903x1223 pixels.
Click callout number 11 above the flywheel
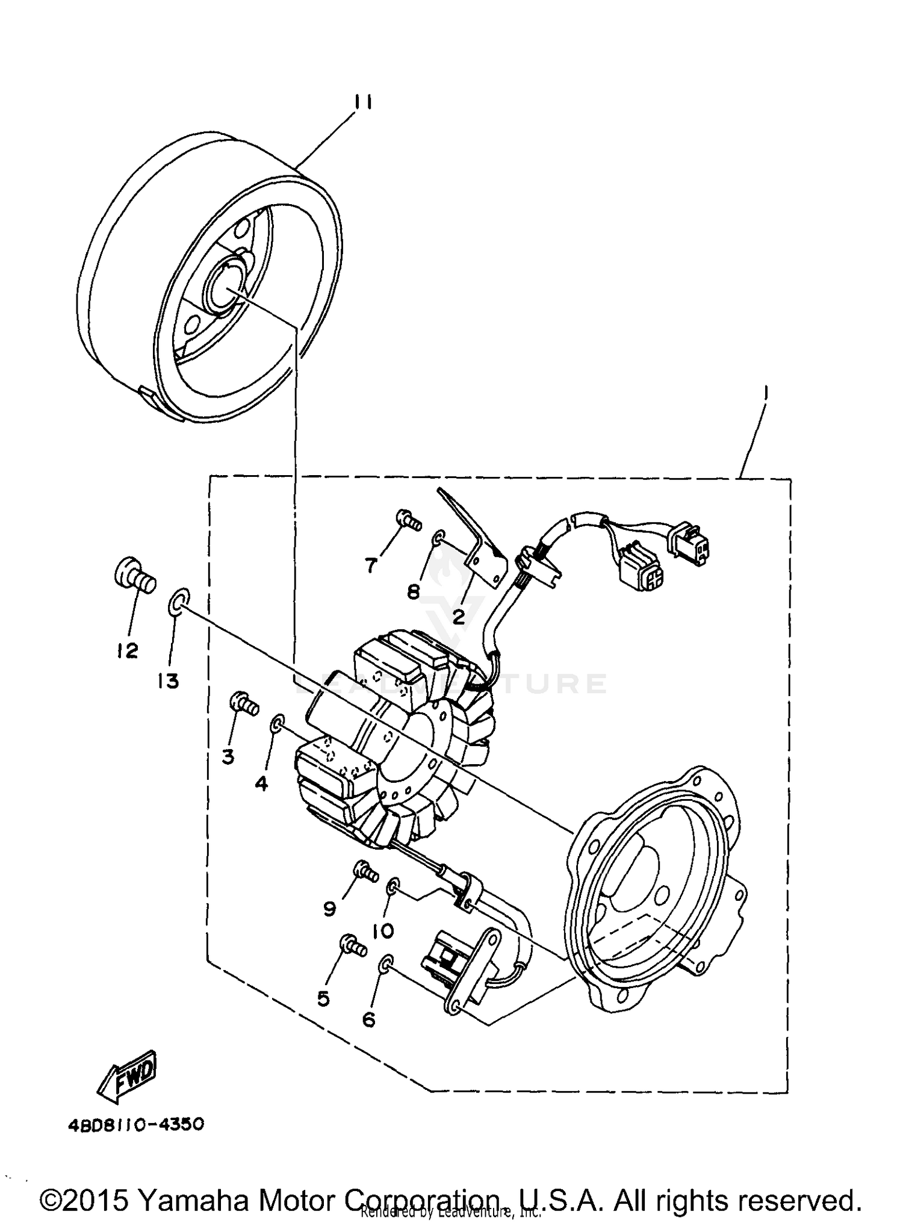(362, 102)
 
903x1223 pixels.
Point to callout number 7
(371, 564)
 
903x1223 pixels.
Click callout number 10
(383, 931)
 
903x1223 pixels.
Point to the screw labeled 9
(365, 871)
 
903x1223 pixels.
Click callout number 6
(368, 1019)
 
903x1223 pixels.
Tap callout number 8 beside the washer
(413, 592)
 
